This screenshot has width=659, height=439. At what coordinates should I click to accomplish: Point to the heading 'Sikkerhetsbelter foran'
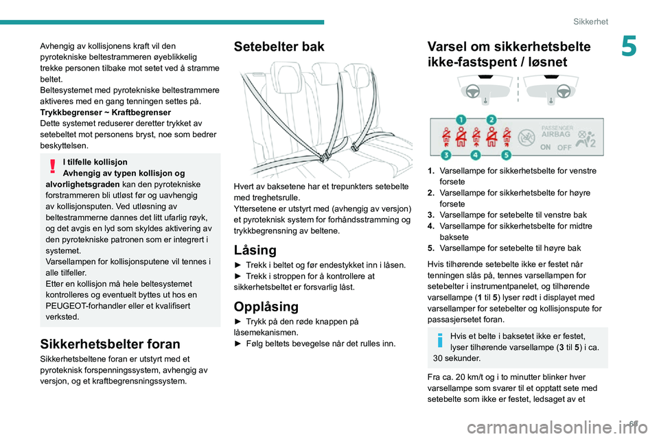click(110, 344)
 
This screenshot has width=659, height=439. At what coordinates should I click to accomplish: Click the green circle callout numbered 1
click(461, 119)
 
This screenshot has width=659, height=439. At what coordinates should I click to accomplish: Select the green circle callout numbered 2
click(492, 119)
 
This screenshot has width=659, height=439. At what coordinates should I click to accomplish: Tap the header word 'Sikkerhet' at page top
click(591, 22)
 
